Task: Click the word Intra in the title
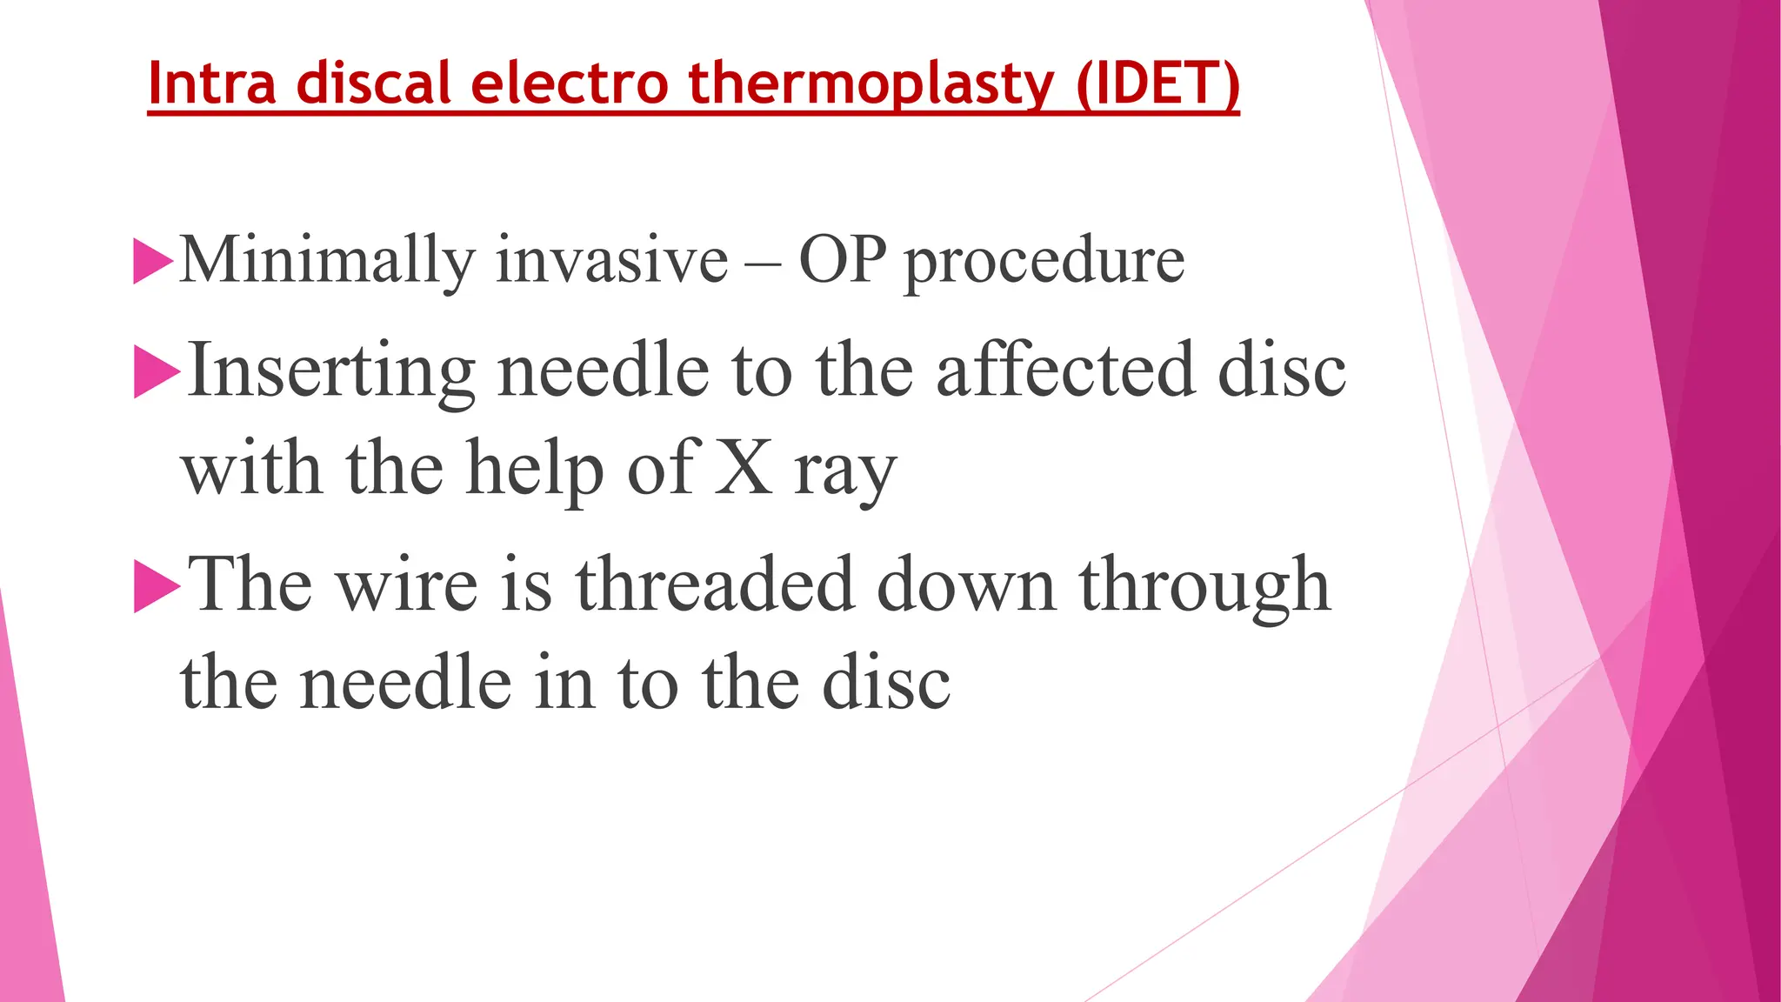coord(212,83)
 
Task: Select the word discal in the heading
coord(373,83)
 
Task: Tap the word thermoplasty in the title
coord(871,85)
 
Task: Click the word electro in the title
coord(570,83)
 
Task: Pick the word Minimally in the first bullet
coord(328,261)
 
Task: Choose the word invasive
coord(611,260)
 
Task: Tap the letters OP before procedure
coord(842,260)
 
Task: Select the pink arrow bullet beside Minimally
coord(153,261)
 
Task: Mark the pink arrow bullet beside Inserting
coord(157,371)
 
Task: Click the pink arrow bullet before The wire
coord(157,586)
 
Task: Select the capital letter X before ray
coord(744,469)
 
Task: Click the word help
coord(535,471)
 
